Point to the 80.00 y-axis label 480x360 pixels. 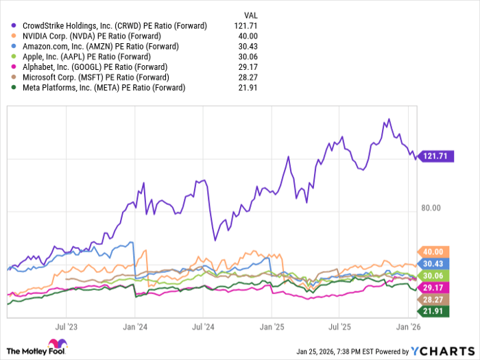pyautogui.click(x=431, y=208)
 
